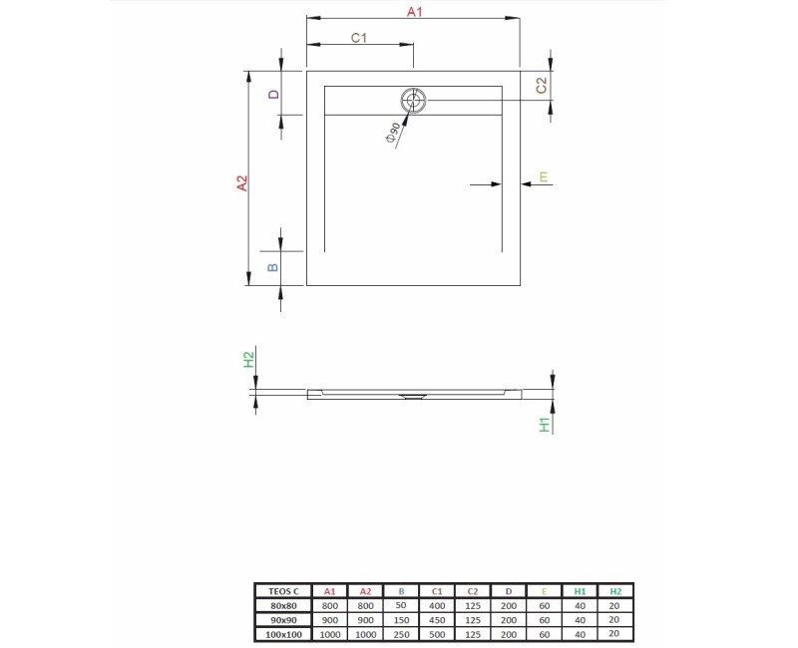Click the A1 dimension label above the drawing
pyautogui.click(x=415, y=11)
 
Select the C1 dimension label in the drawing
pyautogui.click(x=359, y=38)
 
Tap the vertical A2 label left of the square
pyautogui.click(x=242, y=183)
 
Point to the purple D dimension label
pyautogui.click(x=273, y=94)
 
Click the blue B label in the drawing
pyautogui.click(x=272, y=267)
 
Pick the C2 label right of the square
pyautogui.click(x=541, y=85)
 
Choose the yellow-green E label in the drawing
pyautogui.click(x=544, y=176)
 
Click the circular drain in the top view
pyautogui.click(x=413, y=101)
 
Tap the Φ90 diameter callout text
pyautogui.click(x=393, y=134)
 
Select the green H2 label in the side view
pyautogui.click(x=248, y=359)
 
